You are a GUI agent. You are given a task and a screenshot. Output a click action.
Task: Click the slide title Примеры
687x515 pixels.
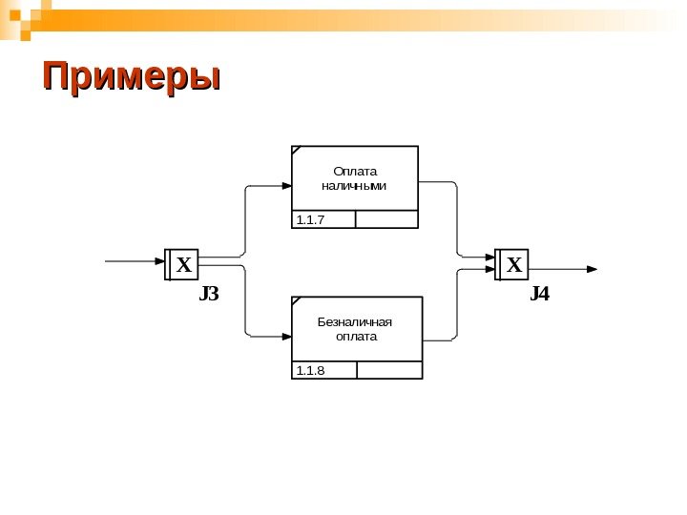[131, 77]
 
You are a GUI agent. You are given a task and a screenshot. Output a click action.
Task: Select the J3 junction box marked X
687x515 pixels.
[183, 264]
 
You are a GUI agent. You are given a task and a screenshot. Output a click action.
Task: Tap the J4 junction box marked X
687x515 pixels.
[513, 264]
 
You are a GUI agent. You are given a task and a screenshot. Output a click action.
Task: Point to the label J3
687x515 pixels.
[209, 294]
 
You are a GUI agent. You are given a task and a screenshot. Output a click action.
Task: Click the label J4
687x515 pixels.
[540, 294]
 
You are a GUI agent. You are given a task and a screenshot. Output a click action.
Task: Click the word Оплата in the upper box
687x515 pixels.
[355, 171]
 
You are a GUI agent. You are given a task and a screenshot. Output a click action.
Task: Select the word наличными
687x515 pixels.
[355, 185]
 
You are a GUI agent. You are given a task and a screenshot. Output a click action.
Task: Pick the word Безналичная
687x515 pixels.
[356, 321]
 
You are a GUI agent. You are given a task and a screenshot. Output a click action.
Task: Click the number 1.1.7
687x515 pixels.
[311, 220]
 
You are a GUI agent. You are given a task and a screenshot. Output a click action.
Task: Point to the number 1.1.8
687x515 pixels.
[311, 370]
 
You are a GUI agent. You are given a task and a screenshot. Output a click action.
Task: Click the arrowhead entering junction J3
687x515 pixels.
[160, 260]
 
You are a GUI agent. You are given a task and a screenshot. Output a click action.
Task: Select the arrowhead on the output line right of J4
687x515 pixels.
[593, 269]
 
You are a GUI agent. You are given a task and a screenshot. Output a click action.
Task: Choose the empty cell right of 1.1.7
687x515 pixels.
[386, 219]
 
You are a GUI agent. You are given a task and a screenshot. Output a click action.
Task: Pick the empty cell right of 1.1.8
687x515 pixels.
[388, 370]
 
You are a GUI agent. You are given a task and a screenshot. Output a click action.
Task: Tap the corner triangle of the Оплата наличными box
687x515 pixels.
[295, 151]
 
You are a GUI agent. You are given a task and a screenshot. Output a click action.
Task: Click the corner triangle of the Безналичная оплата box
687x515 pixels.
[295, 300]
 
